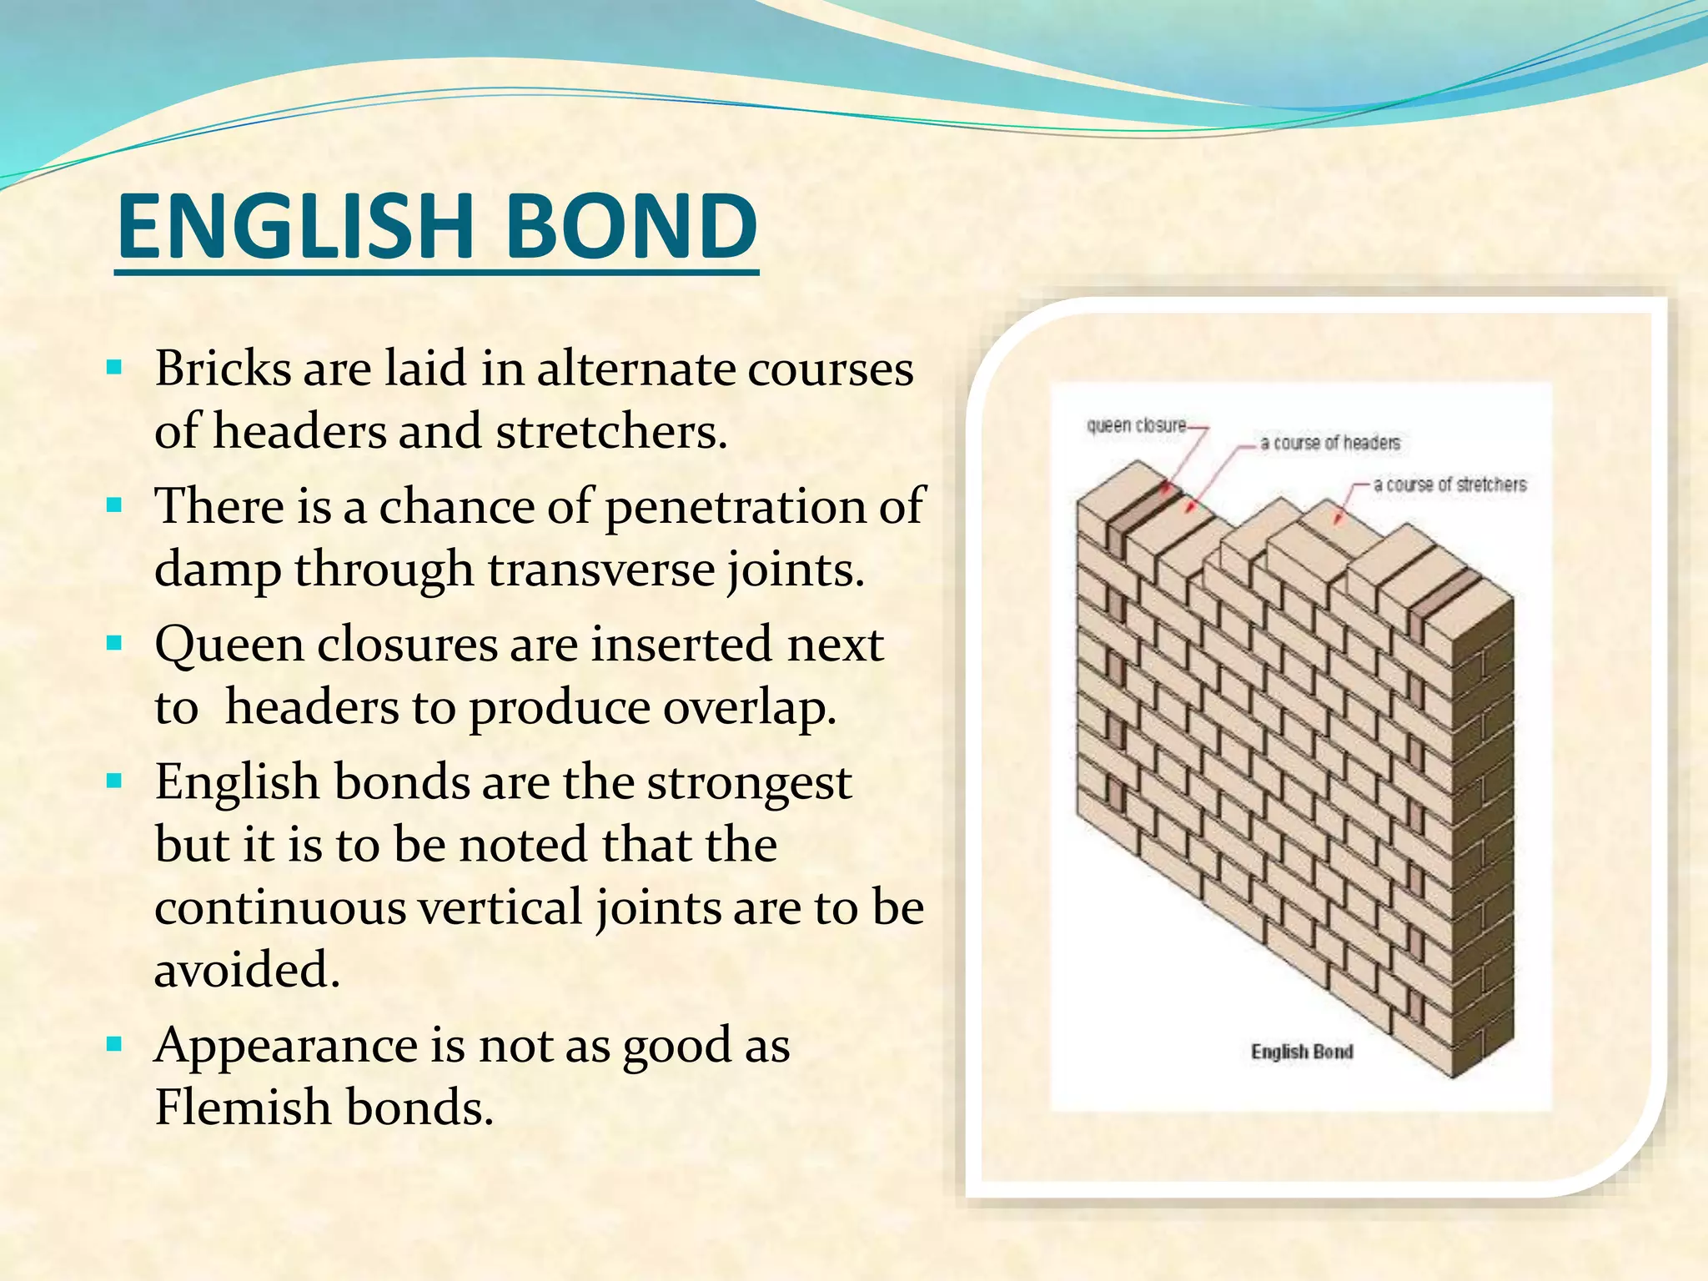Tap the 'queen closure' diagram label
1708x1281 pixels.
(x=1136, y=425)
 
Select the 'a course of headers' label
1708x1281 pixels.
(x=1330, y=443)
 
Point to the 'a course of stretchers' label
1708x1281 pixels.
(x=1449, y=485)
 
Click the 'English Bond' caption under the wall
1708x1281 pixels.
(x=1302, y=1052)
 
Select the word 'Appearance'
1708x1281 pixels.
(x=286, y=1046)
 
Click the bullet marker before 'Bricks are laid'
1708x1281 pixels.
(x=115, y=367)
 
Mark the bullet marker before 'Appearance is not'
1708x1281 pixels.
(x=115, y=1043)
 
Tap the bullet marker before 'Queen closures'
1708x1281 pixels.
(x=115, y=643)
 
